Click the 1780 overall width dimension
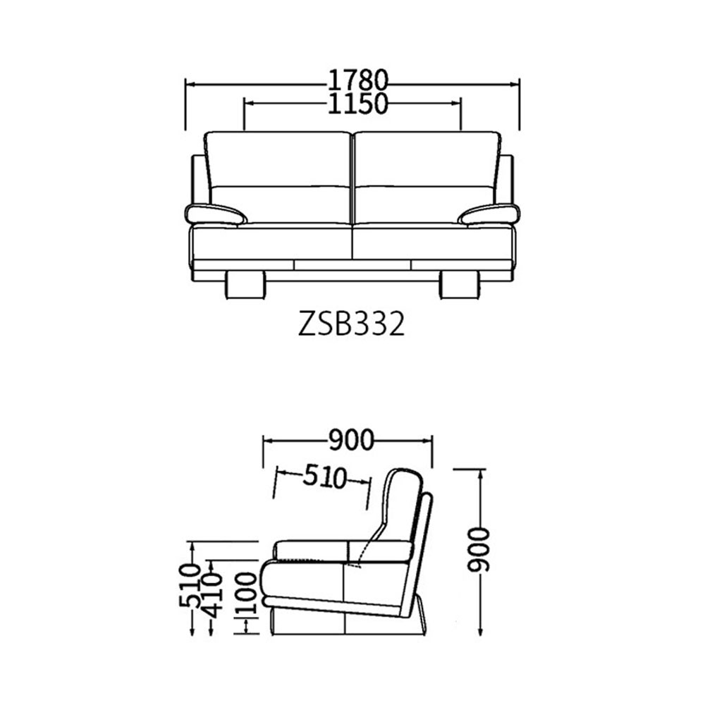pos(357,81)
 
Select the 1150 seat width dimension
pos(357,104)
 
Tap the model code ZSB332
pos(352,324)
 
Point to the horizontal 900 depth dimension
pos(350,440)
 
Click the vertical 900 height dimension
pos(477,550)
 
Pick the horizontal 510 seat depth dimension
pos(324,477)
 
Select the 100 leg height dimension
pos(246,594)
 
